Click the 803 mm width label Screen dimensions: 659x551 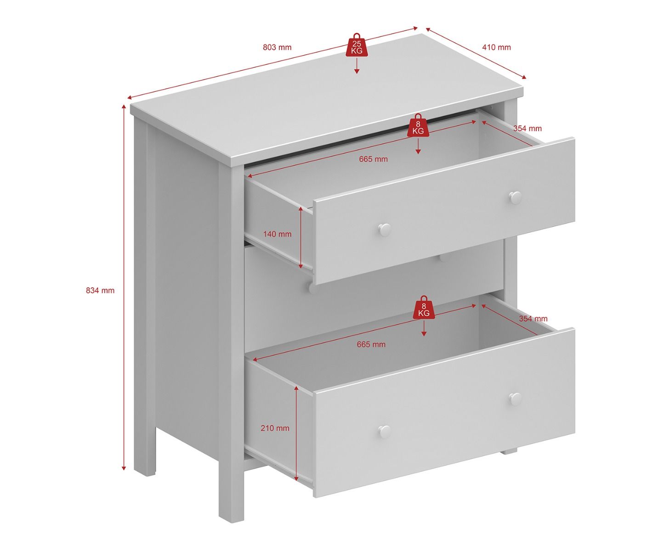coord(277,47)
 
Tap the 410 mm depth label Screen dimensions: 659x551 coord(496,47)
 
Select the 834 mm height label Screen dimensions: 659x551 coord(100,291)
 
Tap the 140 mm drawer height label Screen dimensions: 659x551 coord(278,234)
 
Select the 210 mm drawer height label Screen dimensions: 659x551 coord(275,428)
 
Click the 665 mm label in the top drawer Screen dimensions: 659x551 coord(373,159)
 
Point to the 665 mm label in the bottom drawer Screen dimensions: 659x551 coord(371,344)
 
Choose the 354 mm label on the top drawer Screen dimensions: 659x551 coord(528,129)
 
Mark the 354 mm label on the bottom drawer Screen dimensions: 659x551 coord(534,319)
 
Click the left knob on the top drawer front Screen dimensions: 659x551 coord(384,229)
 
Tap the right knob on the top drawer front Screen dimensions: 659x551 coord(516,198)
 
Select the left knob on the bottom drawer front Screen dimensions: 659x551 coord(384,432)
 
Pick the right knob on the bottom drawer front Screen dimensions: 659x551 coord(516,399)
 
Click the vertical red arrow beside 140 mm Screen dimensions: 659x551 coord(301,238)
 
